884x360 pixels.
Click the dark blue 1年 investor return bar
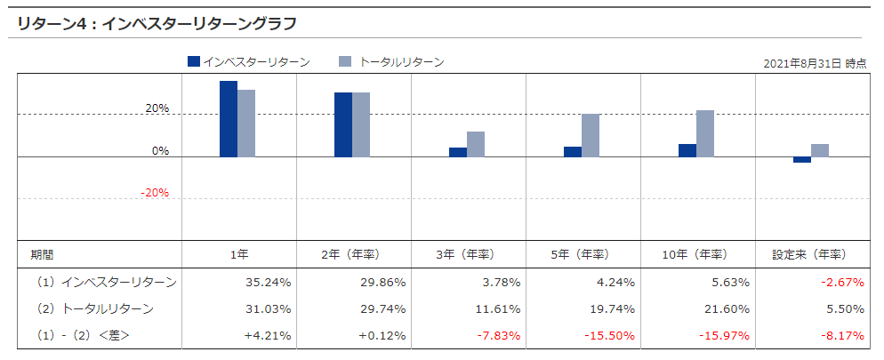pos(229,119)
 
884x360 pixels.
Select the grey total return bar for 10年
pos(705,133)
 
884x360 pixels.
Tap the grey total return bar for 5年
pos(591,135)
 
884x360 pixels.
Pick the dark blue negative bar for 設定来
pos(802,160)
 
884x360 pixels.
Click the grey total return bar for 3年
pos(476,144)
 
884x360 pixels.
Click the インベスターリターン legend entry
pos(248,62)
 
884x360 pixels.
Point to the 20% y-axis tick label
pos(157,108)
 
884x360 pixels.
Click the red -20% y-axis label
pos(156,193)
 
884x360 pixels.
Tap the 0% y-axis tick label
pos(160,151)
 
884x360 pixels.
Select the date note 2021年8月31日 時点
pos(815,64)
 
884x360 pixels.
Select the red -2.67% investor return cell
pos(842,283)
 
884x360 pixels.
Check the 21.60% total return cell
pos(727,308)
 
